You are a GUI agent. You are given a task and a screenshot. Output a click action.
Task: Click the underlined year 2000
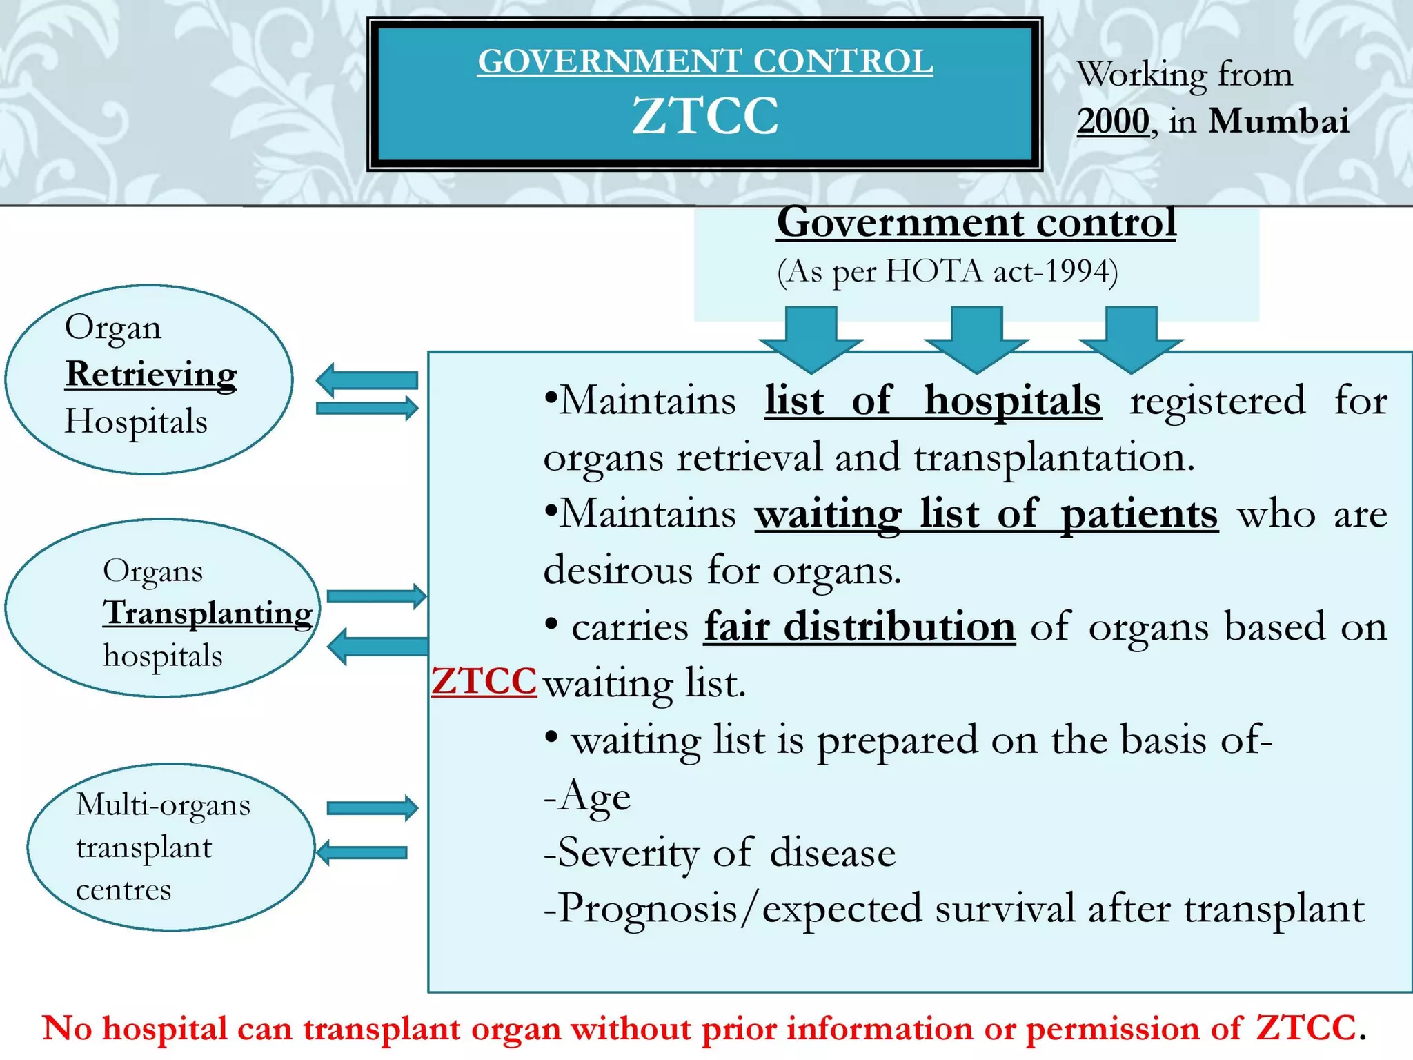pyautogui.click(x=1113, y=121)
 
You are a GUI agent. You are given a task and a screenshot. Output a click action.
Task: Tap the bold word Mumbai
pyautogui.click(x=1278, y=121)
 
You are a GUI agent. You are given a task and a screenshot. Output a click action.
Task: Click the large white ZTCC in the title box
pyautogui.click(x=705, y=115)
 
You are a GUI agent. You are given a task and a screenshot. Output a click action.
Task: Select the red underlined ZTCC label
pyautogui.click(x=484, y=681)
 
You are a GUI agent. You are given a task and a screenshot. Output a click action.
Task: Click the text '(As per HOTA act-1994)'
pyautogui.click(x=947, y=271)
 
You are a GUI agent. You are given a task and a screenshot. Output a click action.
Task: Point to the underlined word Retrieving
pyautogui.click(x=151, y=375)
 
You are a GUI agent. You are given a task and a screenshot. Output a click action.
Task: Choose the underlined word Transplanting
pyautogui.click(x=208, y=613)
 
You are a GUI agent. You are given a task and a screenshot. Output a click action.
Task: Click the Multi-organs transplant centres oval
pyautogui.click(x=170, y=847)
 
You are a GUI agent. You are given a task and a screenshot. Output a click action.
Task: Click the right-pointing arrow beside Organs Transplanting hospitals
pyautogui.click(x=377, y=596)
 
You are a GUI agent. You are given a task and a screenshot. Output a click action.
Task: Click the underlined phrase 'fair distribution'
pyautogui.click(x=860, y=627)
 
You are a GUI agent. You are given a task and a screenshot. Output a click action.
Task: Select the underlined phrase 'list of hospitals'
pyautogui.click(x=933, y=401)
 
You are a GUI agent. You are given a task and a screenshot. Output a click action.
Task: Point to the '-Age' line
pyautogui.click(x=587, y=796)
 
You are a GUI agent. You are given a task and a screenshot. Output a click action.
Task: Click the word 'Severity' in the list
pyautogui.click(x=628, y=853)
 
